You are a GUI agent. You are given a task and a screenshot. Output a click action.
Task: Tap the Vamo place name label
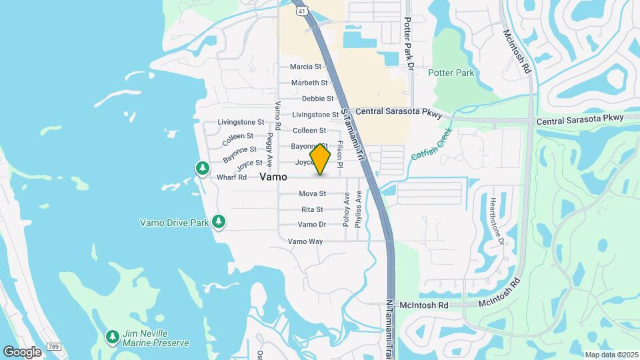(x=273, y=177)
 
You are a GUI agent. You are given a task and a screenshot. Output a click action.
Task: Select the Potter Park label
(x=451, y=73)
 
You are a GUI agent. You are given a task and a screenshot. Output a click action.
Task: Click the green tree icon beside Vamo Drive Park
(x=219, y=222)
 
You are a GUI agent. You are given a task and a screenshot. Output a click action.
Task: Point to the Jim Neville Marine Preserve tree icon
(x=112, y=335)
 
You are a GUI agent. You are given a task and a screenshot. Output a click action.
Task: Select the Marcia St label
(x=305, y=67)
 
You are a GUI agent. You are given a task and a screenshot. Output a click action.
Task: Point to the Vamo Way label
(x=305, y=241)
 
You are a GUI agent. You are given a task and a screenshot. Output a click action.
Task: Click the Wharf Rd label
(x=232, y=178)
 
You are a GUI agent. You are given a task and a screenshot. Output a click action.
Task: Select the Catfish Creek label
(x=431, y=143)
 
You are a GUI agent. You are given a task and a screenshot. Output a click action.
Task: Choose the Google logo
(x=22, y=351)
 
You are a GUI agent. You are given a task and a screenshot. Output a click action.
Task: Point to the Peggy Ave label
(x=269, y=149)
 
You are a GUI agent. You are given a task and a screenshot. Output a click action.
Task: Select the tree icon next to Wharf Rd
(x=202, y=168)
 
